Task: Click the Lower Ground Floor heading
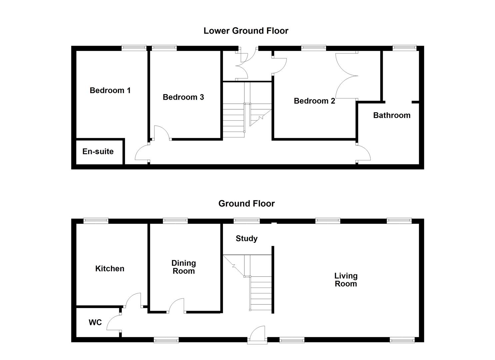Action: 246,31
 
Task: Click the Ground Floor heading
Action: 246,203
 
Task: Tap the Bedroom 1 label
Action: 110,90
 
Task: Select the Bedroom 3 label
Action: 183,97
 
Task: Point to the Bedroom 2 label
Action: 314,101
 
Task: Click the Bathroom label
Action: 391,115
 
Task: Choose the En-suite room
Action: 98,152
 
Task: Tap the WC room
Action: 95,322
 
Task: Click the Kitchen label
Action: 110,269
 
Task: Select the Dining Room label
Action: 183,267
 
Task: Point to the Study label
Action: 246,238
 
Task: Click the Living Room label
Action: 346,280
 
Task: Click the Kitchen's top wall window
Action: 96,220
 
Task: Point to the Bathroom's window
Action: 404,48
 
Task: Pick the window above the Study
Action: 246,220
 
